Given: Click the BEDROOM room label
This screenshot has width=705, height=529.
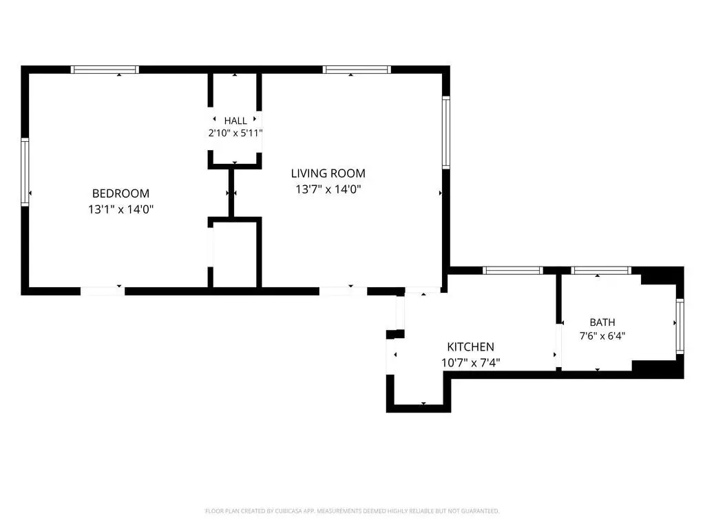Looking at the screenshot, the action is [120, 194].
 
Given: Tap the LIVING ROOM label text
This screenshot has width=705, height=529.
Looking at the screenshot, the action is [328, 173].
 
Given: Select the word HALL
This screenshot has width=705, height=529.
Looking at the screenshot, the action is [235, 121].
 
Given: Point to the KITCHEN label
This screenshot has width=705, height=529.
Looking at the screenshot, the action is [470, 347].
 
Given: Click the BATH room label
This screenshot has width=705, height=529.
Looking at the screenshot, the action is [602, 322].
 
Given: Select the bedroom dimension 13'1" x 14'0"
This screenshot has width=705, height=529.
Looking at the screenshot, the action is [121, 209].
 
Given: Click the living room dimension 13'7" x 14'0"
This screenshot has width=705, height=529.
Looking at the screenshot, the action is [328, 189].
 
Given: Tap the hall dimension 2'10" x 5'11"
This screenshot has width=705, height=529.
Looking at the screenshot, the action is [235, 133].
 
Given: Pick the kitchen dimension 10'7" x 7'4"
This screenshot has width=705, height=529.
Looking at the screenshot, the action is [471, 362].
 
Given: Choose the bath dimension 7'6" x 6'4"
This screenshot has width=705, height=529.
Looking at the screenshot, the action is [602, 335].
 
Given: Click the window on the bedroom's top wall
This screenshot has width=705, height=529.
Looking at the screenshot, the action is [105, 70].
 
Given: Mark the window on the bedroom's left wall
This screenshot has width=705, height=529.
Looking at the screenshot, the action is [25, 172].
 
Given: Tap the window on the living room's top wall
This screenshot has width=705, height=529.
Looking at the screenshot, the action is [357, 70].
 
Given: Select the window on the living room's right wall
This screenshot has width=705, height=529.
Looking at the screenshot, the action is [446, 133].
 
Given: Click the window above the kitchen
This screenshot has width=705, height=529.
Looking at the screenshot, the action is [513, 270].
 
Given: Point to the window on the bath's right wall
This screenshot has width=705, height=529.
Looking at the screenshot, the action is [680, 326].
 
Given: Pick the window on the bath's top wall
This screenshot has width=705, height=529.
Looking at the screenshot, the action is [601, 270].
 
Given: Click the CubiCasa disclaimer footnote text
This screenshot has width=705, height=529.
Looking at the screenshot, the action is [352, 511].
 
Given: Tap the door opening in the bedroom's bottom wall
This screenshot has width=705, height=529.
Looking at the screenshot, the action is [103, 291].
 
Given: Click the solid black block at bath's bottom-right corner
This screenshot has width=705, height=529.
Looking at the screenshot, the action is [657, 369].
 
